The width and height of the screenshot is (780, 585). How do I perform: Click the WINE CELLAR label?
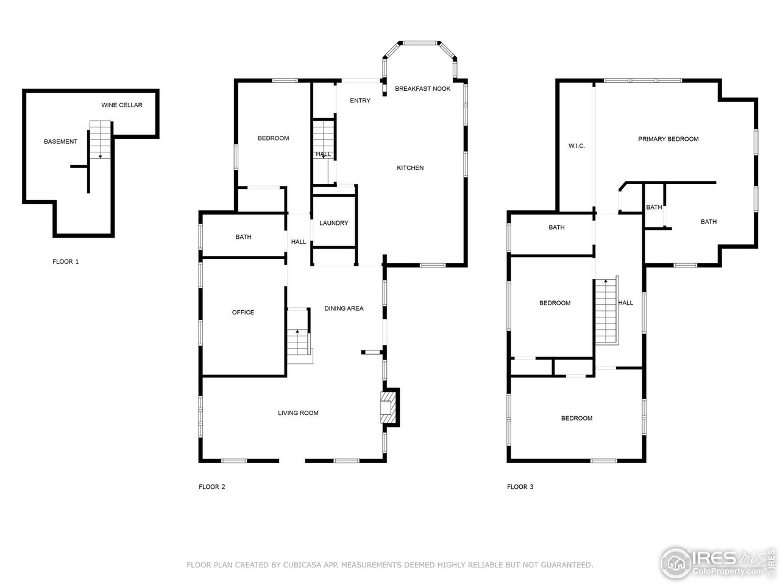(x=122, y=105)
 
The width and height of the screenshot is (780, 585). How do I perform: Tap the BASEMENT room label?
(x=60, y=142)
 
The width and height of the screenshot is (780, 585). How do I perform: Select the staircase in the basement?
(x=101, y=140)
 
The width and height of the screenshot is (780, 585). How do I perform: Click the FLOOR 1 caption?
(x=66, y=262)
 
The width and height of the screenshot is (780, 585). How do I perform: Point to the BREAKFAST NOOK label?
(x=422, y=89)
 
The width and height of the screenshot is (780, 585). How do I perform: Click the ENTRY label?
(x=360, y=101)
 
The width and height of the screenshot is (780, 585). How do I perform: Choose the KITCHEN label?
(x=410, y=168)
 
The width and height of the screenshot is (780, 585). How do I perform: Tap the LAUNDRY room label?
(x=333, y=223)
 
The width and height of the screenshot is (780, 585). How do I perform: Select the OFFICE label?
(x=243, y=313)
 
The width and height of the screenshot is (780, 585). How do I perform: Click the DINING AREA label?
(x=344, y=309)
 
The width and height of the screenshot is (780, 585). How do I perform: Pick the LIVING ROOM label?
(x=298, y=413)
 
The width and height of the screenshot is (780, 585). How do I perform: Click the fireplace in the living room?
(x=388, y=407)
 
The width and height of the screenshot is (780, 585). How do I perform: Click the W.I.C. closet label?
(x=576, y=146)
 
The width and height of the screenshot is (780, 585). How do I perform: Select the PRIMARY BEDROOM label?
(x=668, y=140)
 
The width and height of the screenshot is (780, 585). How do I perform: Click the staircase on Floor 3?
(x=606, y=311)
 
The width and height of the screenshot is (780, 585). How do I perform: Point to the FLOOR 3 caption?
(x=520, y=487)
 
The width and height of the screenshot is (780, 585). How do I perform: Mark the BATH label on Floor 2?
(x=243, y=238)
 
